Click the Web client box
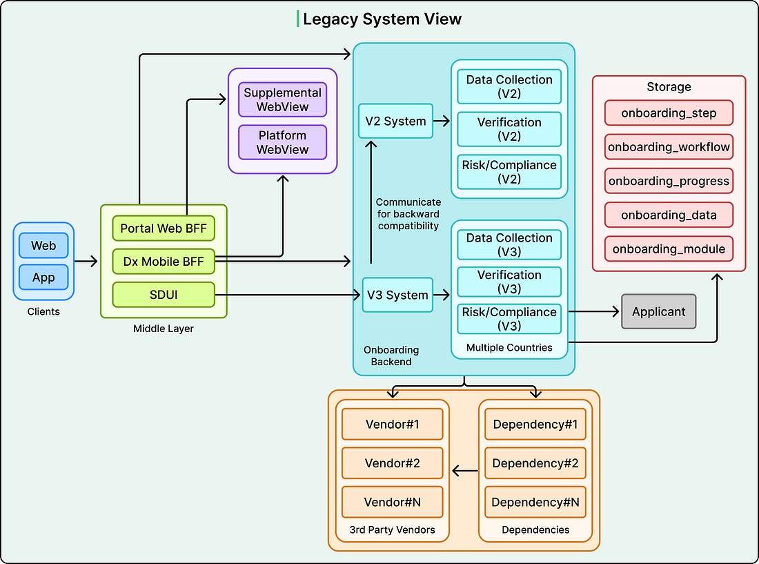pos(43,246)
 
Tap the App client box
pos(43,278)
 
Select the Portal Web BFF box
pos(164,228)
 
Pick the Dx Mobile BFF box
pos(164,262)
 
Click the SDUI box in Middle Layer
pos(164,295)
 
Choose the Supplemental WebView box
pos(283,99)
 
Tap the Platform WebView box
pos(283,142)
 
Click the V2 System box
pos(395,121)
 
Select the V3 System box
pos(397,295)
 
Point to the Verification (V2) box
pos(509,129)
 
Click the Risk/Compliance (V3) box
pos(509,319)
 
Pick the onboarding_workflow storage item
pos(669,147)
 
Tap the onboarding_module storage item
pos(669,249)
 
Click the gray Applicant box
pos(659,312)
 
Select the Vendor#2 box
pos(393,463)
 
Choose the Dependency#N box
pos(535,502)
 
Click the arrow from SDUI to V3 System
pos(288,295)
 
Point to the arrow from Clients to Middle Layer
pos(86,262)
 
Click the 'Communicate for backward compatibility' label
pos(408,214)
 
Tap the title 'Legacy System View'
pos(382,19)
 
